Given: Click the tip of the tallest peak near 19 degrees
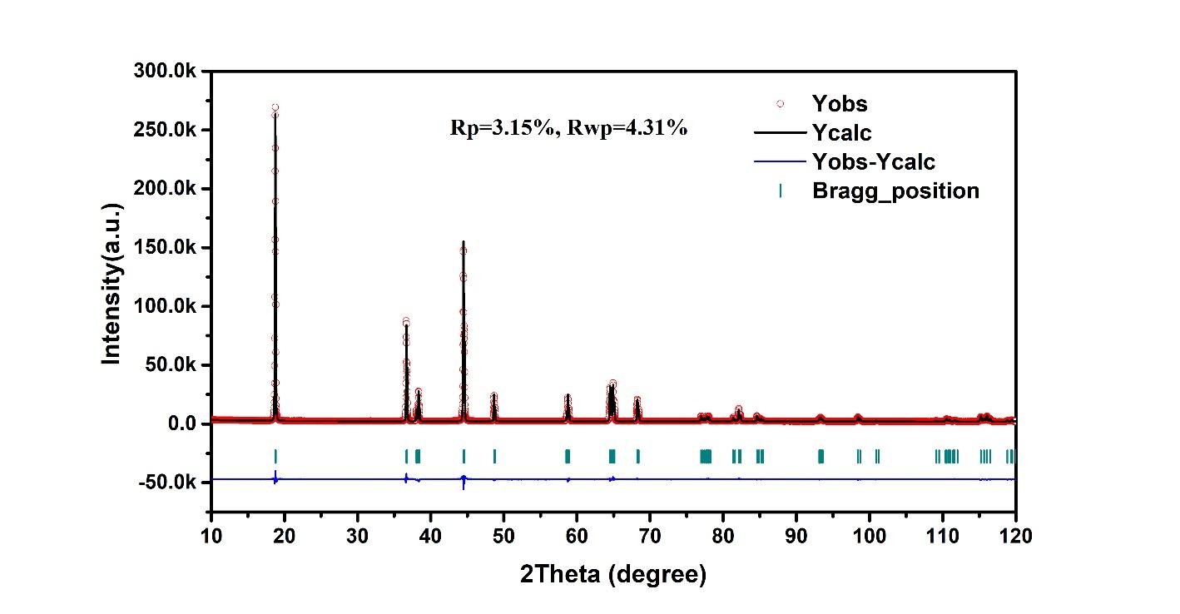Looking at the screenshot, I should click(x=275, y=108).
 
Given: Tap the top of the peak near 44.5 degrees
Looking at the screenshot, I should click(x=464, y=242).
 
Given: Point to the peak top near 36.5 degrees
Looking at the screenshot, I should click(x=406, y=322).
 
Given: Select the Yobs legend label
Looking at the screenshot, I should click(x=839, y=104).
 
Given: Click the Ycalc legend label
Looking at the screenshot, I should click(x=841, y=132).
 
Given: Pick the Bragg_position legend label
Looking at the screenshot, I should click(x=895, y=191).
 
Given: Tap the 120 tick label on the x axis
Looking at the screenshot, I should click(x=1014, y=537).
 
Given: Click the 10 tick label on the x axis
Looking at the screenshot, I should click(x=211, y=537).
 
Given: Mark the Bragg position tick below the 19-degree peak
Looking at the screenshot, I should click(x=275, y=455).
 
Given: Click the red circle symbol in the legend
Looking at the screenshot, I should click(x=780, y=104).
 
